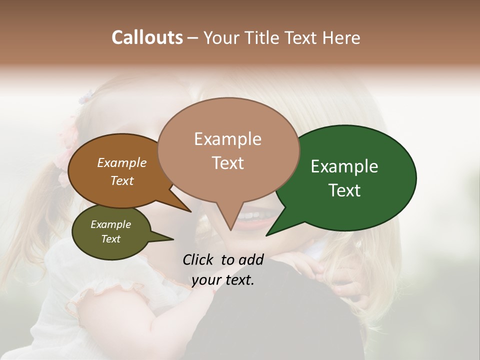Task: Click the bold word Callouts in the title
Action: click(147, 37)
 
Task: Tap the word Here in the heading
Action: click(341, 37)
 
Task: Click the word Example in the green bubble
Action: click(344, 166)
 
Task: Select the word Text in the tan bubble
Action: click(228, 163)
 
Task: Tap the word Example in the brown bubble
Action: click(122, 162)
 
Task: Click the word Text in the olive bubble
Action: click(111, 239)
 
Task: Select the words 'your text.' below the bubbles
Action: click(223, 280)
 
